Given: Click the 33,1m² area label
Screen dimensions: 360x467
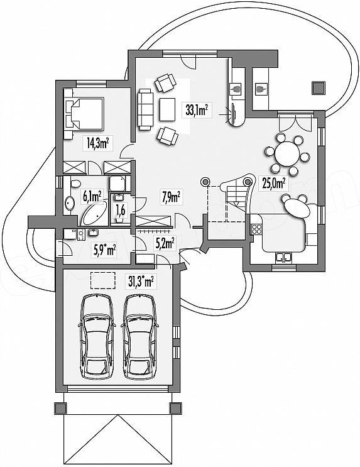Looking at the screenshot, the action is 197,111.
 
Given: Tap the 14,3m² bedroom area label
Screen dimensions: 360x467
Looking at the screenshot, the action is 97,143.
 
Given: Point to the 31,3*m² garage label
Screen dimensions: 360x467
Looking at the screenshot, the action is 141,281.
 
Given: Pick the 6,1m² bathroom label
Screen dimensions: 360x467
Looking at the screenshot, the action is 92,197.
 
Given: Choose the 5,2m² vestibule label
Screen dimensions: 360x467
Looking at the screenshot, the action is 165,243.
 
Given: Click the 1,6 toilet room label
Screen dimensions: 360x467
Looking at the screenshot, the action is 120,211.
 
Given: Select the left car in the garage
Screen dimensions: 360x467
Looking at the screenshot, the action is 97,336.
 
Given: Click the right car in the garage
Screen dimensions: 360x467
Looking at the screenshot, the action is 139,336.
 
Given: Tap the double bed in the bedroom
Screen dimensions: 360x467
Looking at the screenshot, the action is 84,113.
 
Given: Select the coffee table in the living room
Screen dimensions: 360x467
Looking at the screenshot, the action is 167,109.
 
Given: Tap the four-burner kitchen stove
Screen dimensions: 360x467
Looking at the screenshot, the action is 257,229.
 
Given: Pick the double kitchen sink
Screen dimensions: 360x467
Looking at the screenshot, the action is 283,257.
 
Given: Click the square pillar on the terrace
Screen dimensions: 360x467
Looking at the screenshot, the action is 319,87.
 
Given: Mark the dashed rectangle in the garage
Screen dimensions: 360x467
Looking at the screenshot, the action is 103,280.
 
